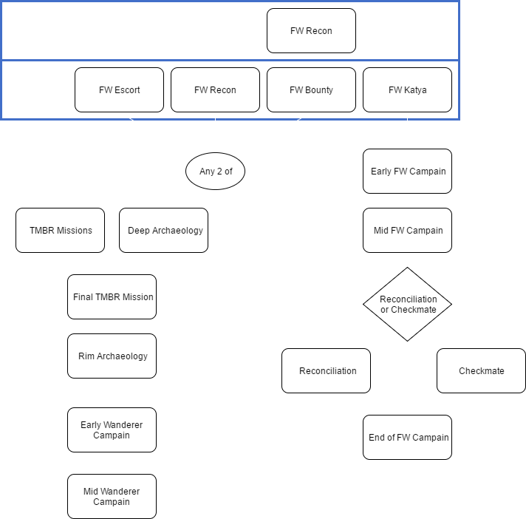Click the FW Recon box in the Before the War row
tap(311, 31)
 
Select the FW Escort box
tap(119, 90)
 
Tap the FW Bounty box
tap(311, 90)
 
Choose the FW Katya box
tap(407, 90)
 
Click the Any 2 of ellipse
tap(215, 172)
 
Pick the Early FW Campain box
tap(407, 172)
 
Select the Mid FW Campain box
tap(407, 231)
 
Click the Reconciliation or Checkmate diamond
tap(408, 305)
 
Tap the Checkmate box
tap(481, 371)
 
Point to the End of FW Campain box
tap(407, 438)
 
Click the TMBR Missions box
tap(60, 231)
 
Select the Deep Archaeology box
tap(164, 231)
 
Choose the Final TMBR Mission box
tap(112, 297)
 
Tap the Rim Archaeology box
tap(112, 356)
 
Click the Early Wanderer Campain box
tap(112, 430)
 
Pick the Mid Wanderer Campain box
tap(112, 497)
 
